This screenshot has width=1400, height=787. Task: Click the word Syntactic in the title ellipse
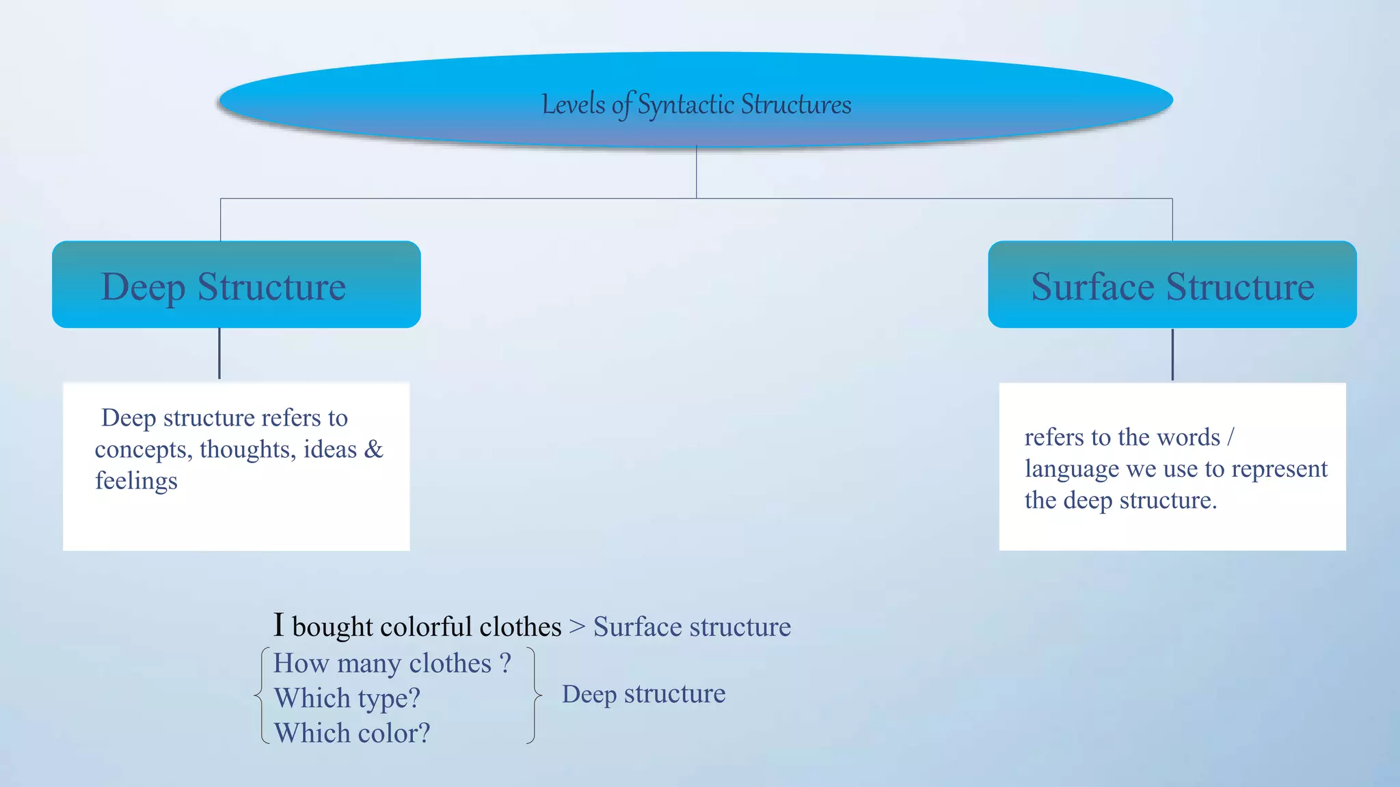coord(686,105)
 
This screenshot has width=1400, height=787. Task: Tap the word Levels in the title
coord(573,105)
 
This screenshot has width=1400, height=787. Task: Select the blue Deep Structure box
coord(236,285)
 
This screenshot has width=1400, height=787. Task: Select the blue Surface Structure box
coord(1172,285)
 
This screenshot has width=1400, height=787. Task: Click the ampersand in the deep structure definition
coord(373,449)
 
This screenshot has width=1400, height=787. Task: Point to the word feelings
coord(136,481)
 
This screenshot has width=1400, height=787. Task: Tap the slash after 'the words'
coord(1230,437)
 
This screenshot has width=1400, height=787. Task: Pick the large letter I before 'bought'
coord(278,624)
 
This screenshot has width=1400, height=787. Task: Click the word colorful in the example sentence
coord(426,626)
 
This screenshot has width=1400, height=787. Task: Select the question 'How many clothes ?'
coord(392,663)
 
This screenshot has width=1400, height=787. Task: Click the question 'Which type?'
coord(347,698)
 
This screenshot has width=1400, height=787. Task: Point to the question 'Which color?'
coord(351,733)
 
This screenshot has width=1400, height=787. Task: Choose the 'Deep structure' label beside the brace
coord(643,694)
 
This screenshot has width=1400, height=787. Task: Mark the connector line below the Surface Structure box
coord(1172,355)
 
